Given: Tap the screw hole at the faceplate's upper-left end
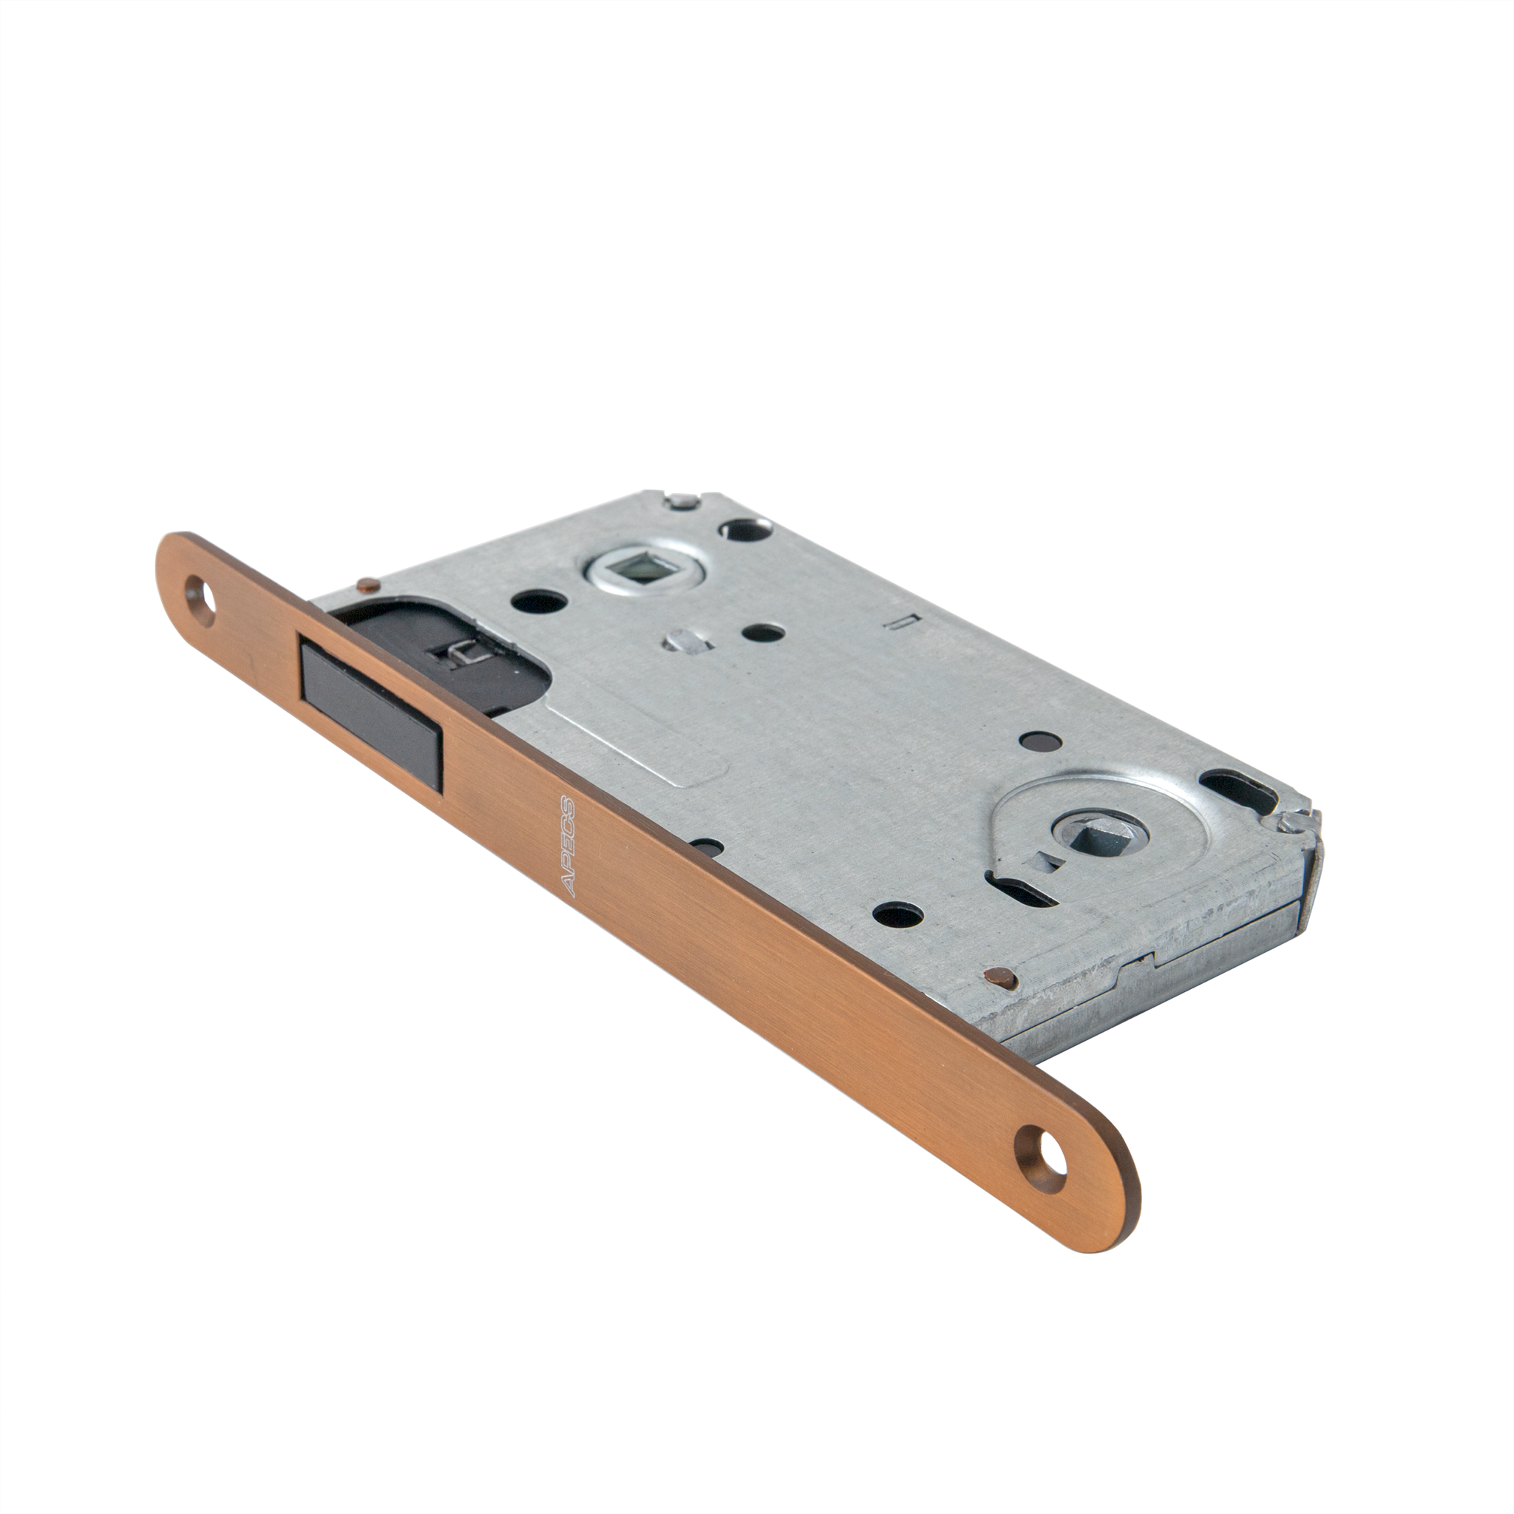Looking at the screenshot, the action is tap(200, 599).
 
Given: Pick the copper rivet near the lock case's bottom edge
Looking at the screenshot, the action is tap(998, 977).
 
